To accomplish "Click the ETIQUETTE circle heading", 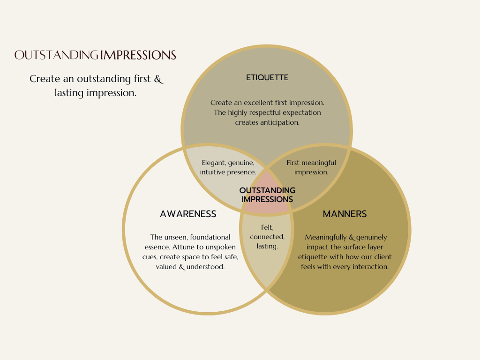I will pyautogui.click(x=267, y=78).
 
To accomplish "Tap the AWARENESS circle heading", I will pyautogui.click(x=188, y=214).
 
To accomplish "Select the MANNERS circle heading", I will pyautogui.click(x=345, y=214).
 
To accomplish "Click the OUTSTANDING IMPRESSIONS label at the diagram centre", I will pyautogui.click(x=267, y=195).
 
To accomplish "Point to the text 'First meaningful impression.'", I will pyautogui.click(x=311, y=167).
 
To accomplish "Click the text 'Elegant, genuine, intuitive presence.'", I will pyautogui.click(x=228, y=167).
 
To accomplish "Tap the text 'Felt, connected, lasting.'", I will pyautogui.click(x=267, y=237).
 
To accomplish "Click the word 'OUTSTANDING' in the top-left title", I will pyautogui.click(x=57, y=55).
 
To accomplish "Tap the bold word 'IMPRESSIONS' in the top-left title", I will pyautogui.click(x=138, y=55).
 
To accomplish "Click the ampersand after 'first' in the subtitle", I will pyautogui.click(x=158, y=79).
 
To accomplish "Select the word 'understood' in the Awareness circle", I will pyautogui.click(x=208, y=267).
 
